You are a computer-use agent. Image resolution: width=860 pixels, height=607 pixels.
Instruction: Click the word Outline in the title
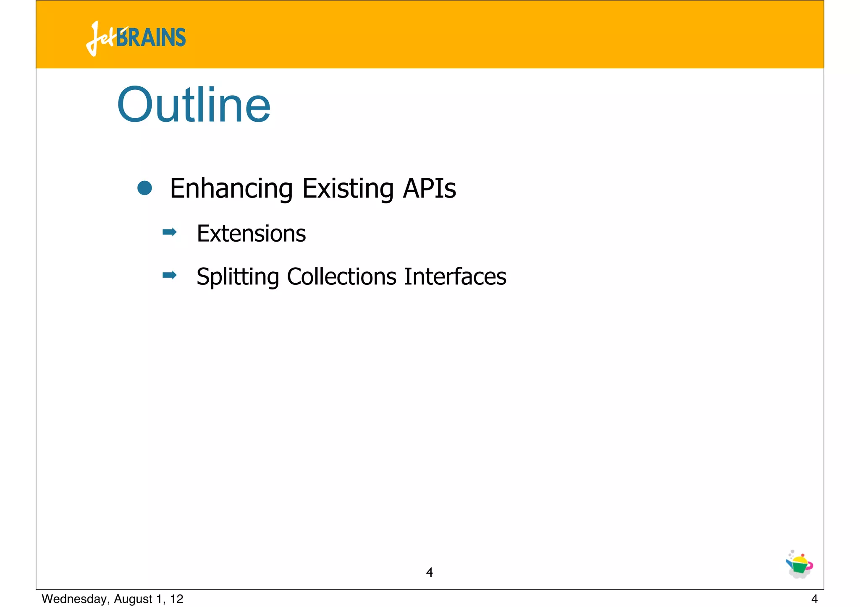point(194,105)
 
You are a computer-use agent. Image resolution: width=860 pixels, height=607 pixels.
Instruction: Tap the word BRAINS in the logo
point(151,38)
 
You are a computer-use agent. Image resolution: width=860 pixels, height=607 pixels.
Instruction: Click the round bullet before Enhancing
point(144,188)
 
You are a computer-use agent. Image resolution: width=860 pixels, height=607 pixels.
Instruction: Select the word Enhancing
point(231,189)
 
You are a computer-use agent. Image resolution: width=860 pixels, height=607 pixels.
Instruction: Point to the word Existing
point(348,189)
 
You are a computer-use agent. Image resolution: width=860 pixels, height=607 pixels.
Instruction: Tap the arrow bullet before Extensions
point(170,232)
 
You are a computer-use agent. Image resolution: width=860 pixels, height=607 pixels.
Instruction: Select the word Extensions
point(251,233)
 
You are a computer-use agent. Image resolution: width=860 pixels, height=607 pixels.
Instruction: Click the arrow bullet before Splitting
point(170,275)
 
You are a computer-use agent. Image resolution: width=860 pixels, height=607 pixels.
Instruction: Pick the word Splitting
point(238,277)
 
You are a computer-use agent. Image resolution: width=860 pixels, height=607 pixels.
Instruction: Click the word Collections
point(341,276)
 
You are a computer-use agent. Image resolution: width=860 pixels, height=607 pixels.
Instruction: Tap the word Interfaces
point(455,276)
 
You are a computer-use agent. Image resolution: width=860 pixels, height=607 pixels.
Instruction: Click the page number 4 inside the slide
point(429,572)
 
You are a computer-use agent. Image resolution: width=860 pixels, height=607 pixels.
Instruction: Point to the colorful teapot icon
point(799,565)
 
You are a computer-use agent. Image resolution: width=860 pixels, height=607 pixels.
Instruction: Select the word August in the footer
point(133,599)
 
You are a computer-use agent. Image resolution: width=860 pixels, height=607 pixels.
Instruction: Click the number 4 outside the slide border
point(814,599)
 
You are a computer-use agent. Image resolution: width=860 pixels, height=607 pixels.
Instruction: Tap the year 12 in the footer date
point(177,599)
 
